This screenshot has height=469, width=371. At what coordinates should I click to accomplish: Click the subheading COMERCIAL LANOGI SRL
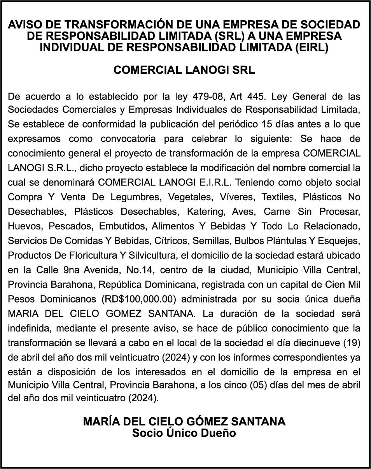pyautogui.click(x=184, y=70)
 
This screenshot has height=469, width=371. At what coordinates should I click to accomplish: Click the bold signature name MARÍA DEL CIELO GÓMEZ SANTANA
pyautogui.click(x=184, y=422)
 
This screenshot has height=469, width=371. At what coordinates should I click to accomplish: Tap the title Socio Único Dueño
pyautogui.click(x=184, y=433)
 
